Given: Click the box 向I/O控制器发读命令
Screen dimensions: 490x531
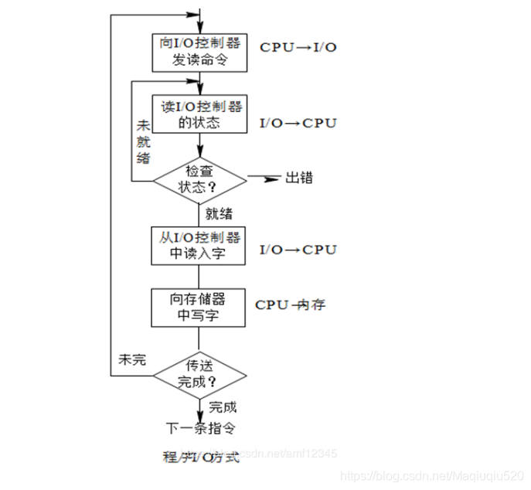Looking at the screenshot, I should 200,50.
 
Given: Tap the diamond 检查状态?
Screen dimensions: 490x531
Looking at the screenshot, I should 200,180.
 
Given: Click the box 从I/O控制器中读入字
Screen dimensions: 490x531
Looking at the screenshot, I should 200,245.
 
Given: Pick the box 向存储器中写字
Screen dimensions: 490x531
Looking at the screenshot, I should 200,307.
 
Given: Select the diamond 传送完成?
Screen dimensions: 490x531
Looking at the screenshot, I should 200,375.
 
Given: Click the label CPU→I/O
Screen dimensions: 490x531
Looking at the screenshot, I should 298,47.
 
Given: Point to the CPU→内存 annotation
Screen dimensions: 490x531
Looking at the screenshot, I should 290,305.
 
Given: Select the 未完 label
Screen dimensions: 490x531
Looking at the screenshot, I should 131,360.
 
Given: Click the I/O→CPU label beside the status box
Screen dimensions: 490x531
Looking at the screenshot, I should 298,123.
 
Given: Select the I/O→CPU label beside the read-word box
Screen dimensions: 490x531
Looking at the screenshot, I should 298,250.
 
